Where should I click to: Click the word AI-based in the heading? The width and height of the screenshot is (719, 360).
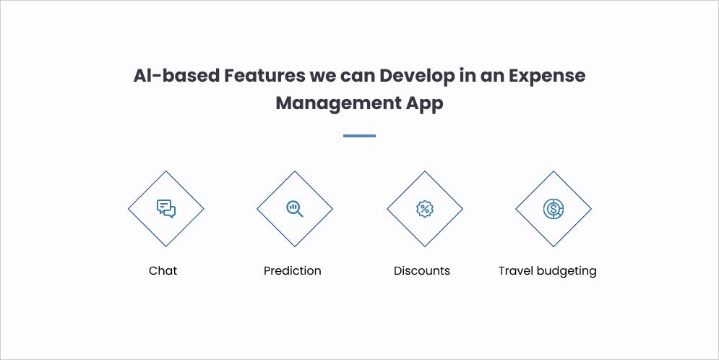[x=176, y=75]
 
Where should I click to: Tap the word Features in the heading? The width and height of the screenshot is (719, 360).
[x=263, y=75]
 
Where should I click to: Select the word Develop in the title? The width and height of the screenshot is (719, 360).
[x=418, y=75]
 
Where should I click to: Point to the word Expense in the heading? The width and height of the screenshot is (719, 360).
[x=547, y=75]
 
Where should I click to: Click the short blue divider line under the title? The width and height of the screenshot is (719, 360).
[x=359, y=136]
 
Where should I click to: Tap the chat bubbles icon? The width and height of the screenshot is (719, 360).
[x=166, y=209]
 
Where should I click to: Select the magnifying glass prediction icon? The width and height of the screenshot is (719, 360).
[x=295, y=209]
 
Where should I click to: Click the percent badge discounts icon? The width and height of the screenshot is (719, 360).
[x=425, y=209]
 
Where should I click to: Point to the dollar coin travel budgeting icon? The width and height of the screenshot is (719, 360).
[x=554, y=209]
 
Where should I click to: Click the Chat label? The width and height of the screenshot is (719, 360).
[x=163, y=271]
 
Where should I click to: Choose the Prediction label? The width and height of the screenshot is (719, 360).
[x=292, y=271]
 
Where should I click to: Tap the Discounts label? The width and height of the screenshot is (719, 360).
[x=422, y=271]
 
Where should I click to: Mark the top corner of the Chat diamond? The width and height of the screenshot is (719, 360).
[x=166, y=171]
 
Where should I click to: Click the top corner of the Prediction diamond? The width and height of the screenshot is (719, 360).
[x=295, y=171]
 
